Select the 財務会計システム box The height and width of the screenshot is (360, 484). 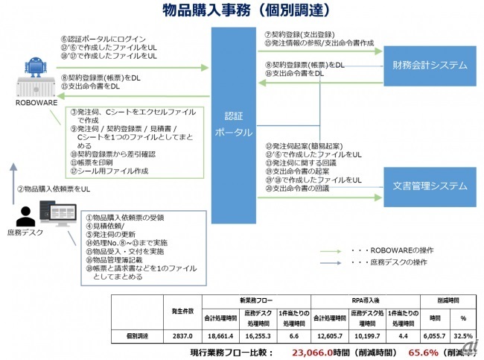(x=425, y=65)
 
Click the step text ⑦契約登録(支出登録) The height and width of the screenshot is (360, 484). (x=297, y=34)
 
